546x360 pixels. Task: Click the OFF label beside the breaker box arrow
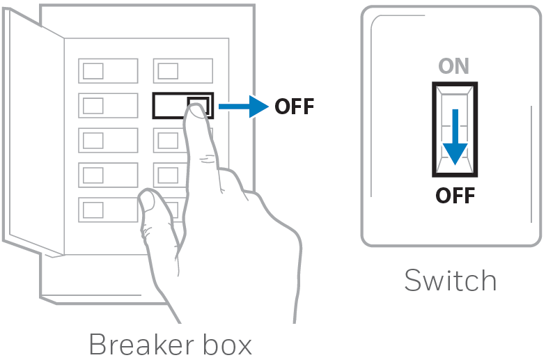(x=294, y=107)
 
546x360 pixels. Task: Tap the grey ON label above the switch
(x=454, y=65)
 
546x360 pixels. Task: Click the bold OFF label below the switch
(x=455, y=195)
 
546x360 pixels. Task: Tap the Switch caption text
(x=451, y=280)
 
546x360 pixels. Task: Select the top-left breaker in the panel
(x=109, y=71)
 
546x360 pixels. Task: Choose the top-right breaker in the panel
(x=183, y=71)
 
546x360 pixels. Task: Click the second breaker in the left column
(x=109, y=106)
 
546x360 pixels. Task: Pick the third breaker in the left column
(x=109, y=141)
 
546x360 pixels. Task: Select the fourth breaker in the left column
(x=109, y=175)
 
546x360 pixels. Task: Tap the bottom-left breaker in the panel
(x=109, y=210)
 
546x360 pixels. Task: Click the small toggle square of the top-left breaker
(x=93, y=71)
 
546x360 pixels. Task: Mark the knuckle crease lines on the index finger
(x=208, y=159)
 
